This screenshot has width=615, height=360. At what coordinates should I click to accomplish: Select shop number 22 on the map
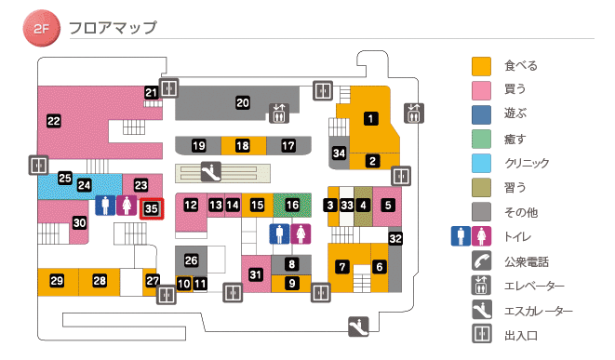click(x=54, y=120)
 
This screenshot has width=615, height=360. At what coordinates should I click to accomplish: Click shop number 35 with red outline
click(x=152, y=208)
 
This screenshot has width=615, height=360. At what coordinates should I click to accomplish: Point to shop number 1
click(x=371, y=118)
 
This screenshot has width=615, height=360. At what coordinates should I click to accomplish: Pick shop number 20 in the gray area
click(x=243, y=102)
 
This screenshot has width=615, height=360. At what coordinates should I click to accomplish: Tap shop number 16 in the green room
click(x=292, y=204)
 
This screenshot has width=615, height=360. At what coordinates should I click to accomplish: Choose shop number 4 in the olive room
click(x=364, y=205)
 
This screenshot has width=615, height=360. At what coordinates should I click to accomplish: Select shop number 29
click(x=57, y=281)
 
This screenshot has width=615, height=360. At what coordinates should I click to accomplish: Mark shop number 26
click(x=192, y=260)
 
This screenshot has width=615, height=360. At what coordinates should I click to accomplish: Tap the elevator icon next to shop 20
click(x=280, y=113)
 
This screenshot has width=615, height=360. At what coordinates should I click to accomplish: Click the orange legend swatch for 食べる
click(x=481, y=67)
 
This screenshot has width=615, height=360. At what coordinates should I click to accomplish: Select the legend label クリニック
click(x=527, y=164)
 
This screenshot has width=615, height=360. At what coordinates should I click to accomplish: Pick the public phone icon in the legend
click(x=481, y=261)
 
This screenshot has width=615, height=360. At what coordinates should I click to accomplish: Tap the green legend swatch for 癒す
click(x=481, y=140)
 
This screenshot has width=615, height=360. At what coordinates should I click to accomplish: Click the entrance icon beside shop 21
click(x=168, y=88)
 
